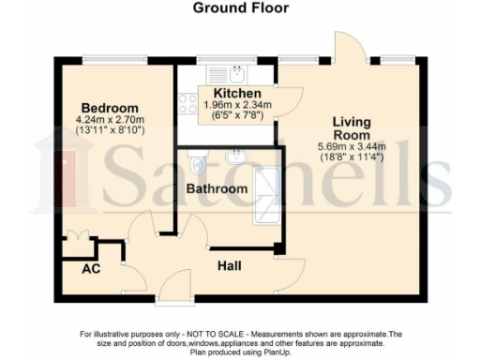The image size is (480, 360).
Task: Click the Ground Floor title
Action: pyautogui.click(x=241, y=9)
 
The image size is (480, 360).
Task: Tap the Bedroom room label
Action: pyautogui.click(x=109, y=107)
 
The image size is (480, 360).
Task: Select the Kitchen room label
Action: pyautogui.click(x=230, y=94)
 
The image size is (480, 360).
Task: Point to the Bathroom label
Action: pyautogui.click(x=217, y=189)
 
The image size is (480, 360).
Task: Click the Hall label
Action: pyautogui.click(x=229, y=267)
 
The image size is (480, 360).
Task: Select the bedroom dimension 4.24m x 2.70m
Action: pyautogui.click(x=109, y=120)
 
